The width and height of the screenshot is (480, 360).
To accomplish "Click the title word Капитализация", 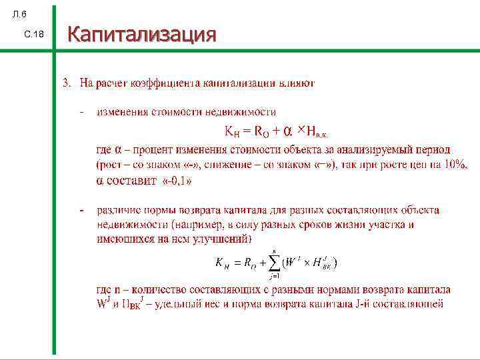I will coord(142,33).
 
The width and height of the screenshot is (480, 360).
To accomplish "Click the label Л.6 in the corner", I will coord(21,14).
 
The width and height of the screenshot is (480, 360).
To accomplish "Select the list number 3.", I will coord(66,83).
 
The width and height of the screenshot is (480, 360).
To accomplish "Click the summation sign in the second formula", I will coord(274,263).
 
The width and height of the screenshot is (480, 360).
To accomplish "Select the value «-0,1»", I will coord(175,180).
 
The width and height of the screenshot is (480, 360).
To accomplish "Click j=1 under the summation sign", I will coord(273,276).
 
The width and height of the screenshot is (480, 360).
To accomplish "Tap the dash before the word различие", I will coord(81,211).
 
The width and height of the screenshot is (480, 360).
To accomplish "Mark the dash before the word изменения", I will coord(81,112).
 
